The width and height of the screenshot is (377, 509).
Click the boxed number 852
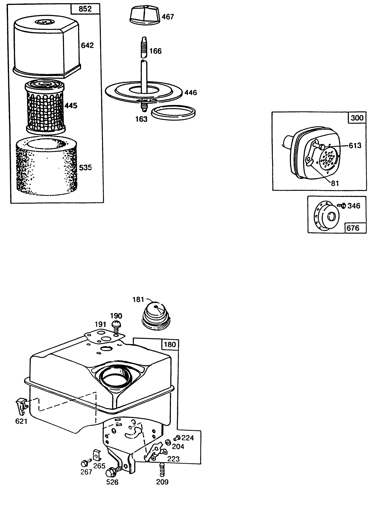click(x=85, y=9)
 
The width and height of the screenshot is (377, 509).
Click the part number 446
click(x=191, y=93)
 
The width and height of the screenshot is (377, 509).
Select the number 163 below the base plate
click(x=141, y=119)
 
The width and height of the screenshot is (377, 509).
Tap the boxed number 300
click(x=357, y=118)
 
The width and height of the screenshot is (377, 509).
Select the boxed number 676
click(x=353, y=228)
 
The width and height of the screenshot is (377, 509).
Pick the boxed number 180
click(x=170, y=344)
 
